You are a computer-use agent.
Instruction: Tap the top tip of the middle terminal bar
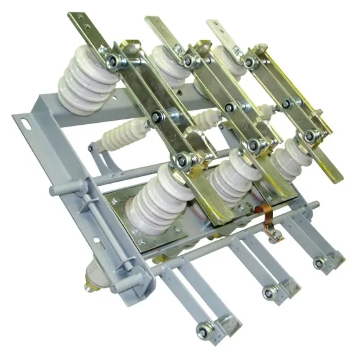[151, 20]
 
